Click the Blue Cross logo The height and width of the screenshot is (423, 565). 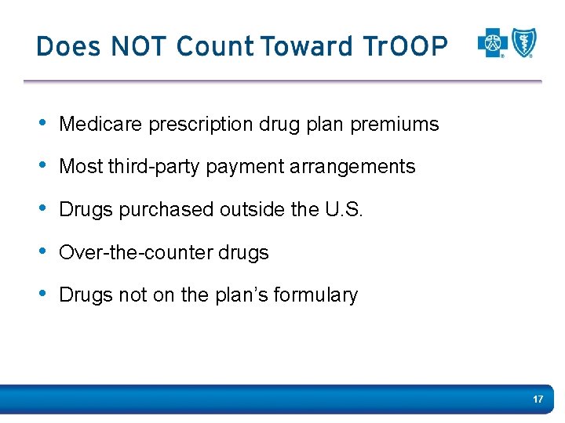(492, 44)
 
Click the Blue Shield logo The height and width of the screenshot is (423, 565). (523, 43)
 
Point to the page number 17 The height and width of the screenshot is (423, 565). (538, 399)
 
